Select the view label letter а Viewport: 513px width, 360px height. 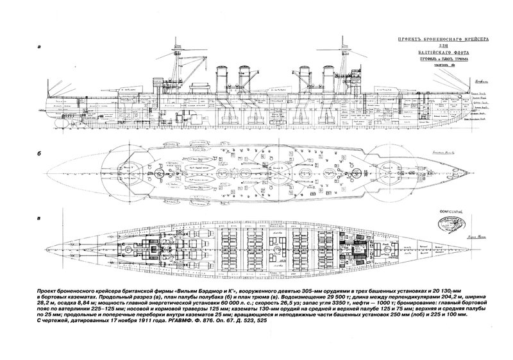click(40, 46)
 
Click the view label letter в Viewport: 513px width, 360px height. click(40, 219)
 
